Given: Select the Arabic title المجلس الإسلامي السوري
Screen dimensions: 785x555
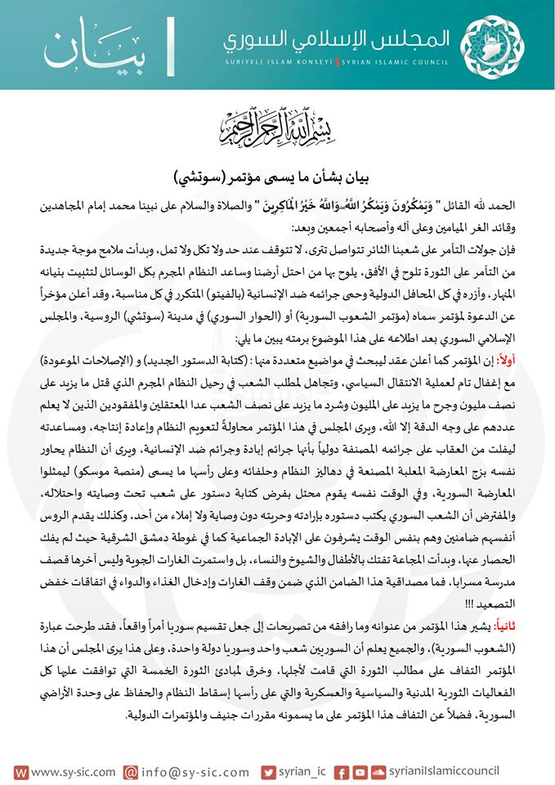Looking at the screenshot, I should click(339, 38).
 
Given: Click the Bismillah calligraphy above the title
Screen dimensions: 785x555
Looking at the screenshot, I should click(278, 124).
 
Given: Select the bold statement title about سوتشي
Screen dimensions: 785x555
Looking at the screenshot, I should click(278, 177).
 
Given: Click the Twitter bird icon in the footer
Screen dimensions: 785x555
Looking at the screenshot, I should click(269, 772).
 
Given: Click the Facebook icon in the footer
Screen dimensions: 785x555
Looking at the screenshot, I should click(341, 772).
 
